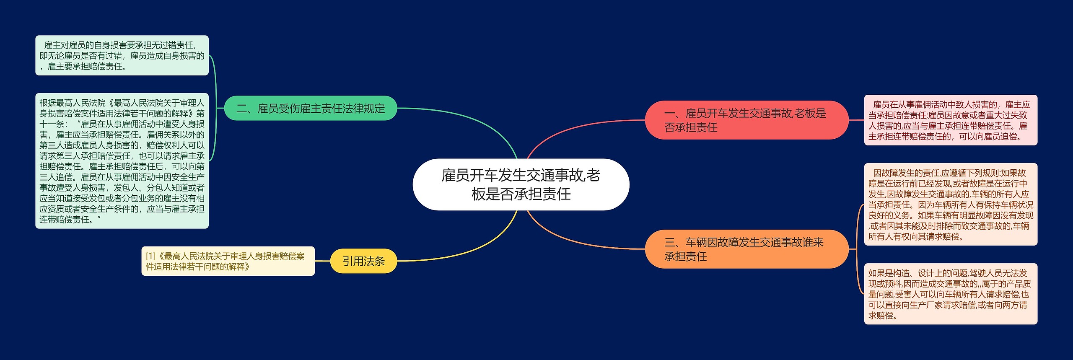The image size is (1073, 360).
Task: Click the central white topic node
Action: [521, 184]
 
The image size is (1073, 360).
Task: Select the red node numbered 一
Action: [746, 120]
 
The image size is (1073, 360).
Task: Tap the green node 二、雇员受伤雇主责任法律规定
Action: [310, 109]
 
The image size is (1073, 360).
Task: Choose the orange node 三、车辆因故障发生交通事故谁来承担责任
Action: [746, 249]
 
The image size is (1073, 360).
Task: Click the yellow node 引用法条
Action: [363, 261]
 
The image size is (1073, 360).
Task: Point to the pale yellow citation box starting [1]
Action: [228, 261]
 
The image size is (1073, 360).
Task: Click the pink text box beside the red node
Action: [950, 120]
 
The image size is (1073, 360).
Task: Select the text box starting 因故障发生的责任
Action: [950, 205]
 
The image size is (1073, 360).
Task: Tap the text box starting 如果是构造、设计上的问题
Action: [950, 294]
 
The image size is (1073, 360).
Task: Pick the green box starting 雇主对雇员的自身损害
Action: [122, 55]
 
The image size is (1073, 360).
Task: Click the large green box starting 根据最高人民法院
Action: [122, 161]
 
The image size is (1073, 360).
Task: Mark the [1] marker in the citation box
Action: [150, 256]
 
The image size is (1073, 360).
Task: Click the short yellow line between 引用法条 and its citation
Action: [322, 261]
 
